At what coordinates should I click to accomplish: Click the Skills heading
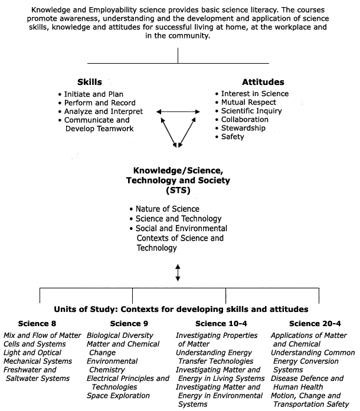click(90, 82)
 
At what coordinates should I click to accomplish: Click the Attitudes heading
click(263, 82)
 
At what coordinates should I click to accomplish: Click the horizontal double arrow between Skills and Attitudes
click(178, 112)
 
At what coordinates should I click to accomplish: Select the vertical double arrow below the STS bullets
click(178, 272)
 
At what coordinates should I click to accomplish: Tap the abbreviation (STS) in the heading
click(178, 190)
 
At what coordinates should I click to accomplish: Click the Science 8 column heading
click(37, 324)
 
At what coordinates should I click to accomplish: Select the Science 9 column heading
click(129, 324)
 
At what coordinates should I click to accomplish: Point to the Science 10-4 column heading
click(221, 324)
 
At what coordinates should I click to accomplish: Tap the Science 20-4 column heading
click(315, 324)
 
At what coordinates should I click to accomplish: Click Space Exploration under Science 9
click(119, 396)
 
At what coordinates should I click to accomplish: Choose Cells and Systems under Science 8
click(35, 344)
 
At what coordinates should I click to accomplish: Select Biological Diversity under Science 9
click(120, 336)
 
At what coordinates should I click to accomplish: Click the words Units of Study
click(84, 310)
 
